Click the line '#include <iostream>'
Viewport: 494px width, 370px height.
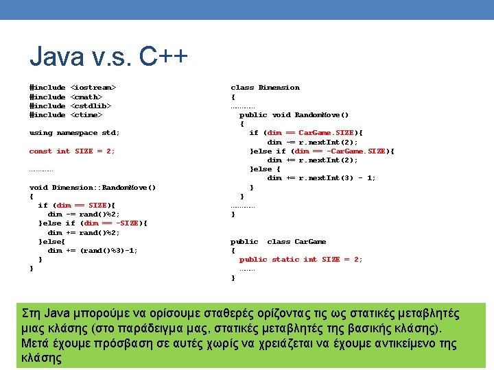pos(73,88)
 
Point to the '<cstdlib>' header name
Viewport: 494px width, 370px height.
pos(91,106)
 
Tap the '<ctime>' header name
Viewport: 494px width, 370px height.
pos(86,114)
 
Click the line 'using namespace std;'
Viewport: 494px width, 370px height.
pos(74,132)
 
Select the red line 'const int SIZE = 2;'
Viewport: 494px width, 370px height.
pos(72,151)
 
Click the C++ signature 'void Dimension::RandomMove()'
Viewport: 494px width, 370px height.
pos(93,187)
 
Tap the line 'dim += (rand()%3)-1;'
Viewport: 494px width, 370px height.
pos(93,250)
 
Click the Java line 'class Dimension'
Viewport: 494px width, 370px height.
pos(265,88)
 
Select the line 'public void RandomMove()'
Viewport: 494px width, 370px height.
pos(294,115)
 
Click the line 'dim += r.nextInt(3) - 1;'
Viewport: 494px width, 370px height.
pos(321,178)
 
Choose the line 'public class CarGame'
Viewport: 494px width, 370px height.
pos(278,241)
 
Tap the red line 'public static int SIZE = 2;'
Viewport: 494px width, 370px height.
pos(301,259)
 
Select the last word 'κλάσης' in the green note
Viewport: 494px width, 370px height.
pos(42,358)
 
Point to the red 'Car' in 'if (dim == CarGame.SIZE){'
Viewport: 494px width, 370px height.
pos(306,133)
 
